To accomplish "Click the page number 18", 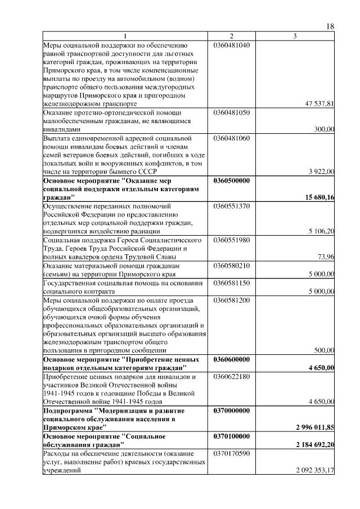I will [330, 27].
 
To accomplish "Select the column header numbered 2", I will [231, 37].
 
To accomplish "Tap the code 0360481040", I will [231, 45].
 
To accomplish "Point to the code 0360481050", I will [231, 112].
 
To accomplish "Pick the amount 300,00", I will [324, 129].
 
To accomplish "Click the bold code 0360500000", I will [232, 181].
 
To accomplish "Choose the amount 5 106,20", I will [322, 231].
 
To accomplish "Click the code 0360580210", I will [231, 265].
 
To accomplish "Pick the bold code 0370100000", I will [232, 436].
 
